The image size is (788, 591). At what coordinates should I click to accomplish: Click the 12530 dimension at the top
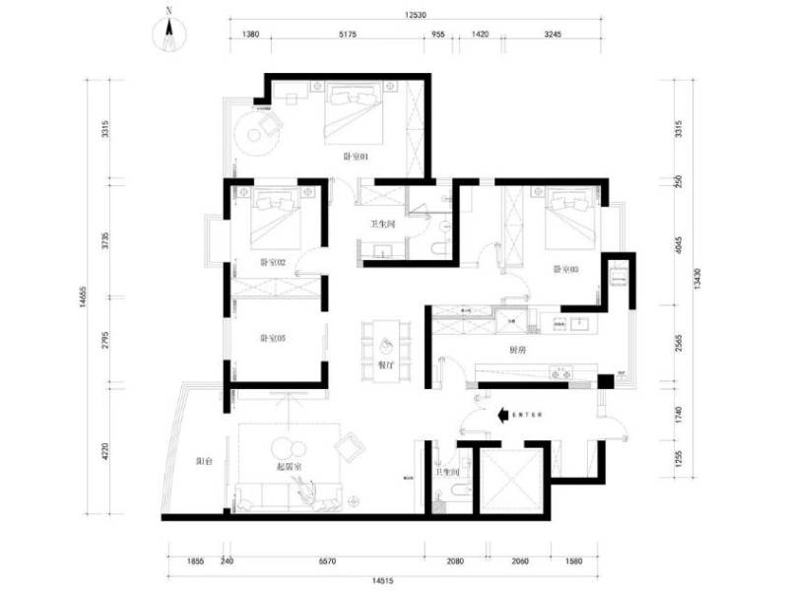click(x=414, y=15)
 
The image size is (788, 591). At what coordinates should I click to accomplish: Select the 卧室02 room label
click(x=273, y=263)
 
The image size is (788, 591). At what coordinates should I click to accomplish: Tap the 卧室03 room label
click(x=564, y=269)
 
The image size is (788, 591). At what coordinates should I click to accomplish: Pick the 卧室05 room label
click(x=273, y=339)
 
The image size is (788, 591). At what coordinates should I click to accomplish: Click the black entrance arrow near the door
click(x=501, y=415)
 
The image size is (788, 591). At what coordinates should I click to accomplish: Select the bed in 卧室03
click(x=565, y=222)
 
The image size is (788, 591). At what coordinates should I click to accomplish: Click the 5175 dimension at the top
click(x=347, y=33)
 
